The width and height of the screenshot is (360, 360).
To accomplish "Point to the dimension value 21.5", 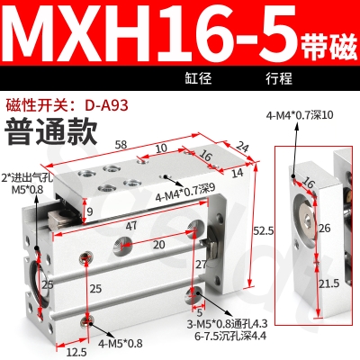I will pyautogui.click(x=331, y=283).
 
